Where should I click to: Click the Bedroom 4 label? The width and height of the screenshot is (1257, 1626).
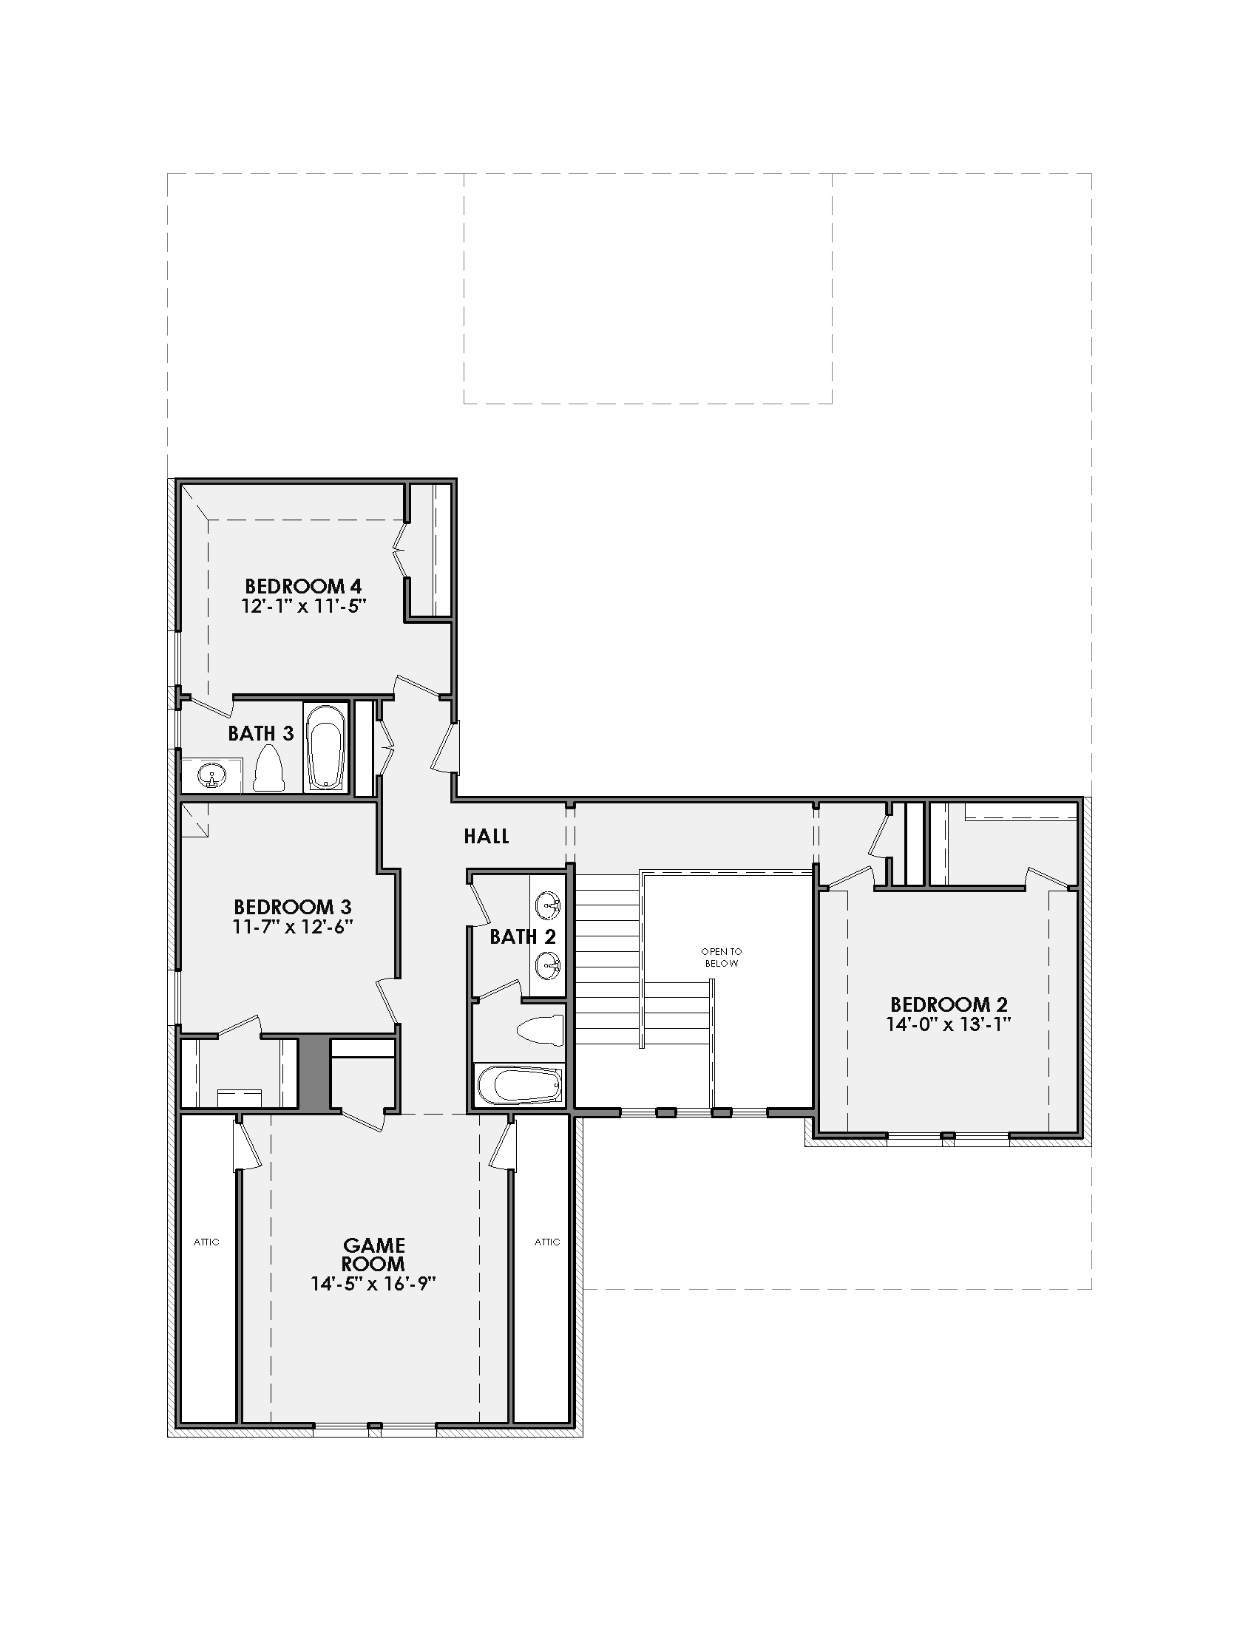[x=303, y=587]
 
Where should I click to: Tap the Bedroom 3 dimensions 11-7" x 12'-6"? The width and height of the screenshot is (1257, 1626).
[x=293, y=926]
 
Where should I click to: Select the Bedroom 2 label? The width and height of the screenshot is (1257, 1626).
[x=949, y=1005]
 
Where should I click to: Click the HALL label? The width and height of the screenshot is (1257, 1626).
[x=487, y=837]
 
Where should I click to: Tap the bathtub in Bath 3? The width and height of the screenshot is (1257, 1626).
[x=326, y=746]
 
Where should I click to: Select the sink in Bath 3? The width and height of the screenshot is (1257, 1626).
[x=211, y=777]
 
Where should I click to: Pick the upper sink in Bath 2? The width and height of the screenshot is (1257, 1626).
[x=548, y=906]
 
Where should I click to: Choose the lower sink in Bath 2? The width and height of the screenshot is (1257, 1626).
[x=548, y=967]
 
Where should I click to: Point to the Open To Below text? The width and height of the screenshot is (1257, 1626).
[x=722, y=957]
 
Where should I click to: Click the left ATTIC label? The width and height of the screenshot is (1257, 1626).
[x=206, y=1242]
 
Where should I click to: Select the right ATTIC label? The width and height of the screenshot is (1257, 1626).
[x=547, y=1242]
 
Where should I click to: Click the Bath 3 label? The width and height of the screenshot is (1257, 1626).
[x=260, y=734]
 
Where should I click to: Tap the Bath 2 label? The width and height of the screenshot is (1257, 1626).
[x=523, y=936]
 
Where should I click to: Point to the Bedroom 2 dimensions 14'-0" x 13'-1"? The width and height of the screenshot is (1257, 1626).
[x=948, y=1024]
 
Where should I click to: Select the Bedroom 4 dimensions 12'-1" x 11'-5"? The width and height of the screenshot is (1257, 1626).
[x=304, y=606]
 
